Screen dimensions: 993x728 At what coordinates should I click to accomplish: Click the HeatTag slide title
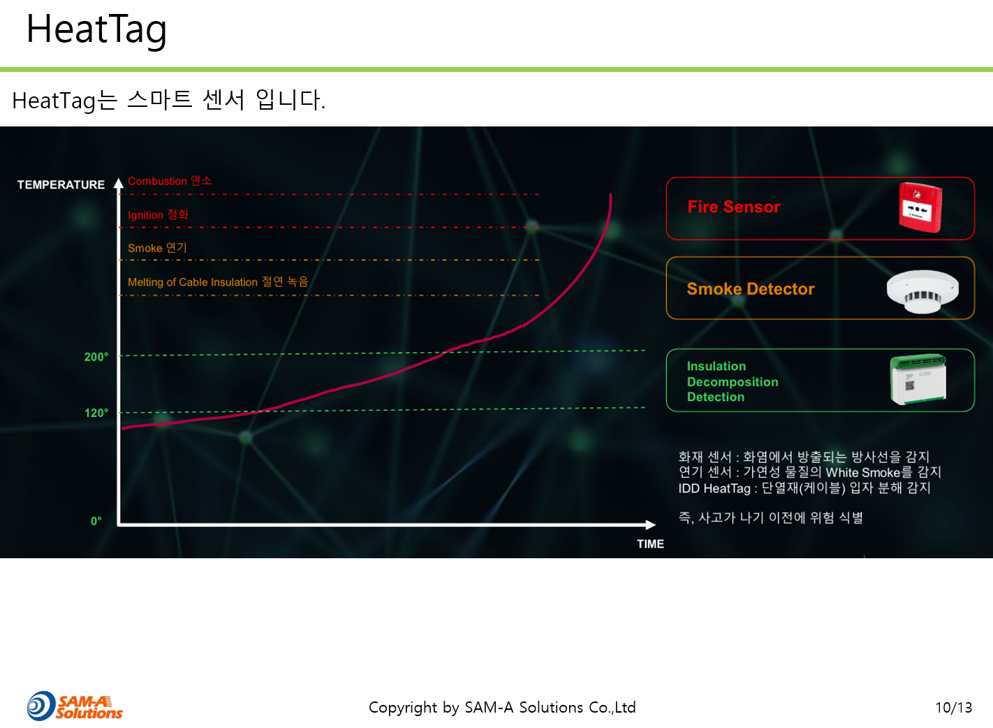[96, 30]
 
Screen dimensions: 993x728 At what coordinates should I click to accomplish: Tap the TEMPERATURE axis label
[61, 184]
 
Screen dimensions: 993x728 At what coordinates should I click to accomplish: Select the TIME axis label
[650, 544]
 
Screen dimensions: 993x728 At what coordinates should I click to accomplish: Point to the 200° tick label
[96, 357]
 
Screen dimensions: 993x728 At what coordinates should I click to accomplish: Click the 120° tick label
[96, 413]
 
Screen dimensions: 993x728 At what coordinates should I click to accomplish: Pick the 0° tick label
[96, 520]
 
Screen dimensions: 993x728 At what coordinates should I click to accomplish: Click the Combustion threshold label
[170, 181]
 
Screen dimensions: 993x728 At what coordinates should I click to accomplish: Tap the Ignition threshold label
[159, 214]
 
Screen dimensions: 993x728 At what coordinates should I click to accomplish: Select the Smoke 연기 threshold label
[157, 248]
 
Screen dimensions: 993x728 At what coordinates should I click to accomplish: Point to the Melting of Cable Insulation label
[218, 282]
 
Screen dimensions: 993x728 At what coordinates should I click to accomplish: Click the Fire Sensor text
[734, 207]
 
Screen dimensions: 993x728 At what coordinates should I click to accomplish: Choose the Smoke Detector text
[751, 289]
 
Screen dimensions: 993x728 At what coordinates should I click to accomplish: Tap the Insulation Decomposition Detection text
[733, 381]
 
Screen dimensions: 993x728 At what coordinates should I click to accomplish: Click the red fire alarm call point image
[920, 208]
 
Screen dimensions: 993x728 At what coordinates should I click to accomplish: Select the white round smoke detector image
[922, 291]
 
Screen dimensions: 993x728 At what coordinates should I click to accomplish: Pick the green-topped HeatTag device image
[918, 379]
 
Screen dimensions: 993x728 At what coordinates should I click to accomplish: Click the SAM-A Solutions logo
[75, 706]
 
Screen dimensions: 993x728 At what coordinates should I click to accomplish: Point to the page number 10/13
[954, 708]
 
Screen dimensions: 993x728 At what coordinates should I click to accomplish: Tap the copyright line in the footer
[502, 708]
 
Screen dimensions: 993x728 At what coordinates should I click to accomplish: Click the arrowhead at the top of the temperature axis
[118, 183]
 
